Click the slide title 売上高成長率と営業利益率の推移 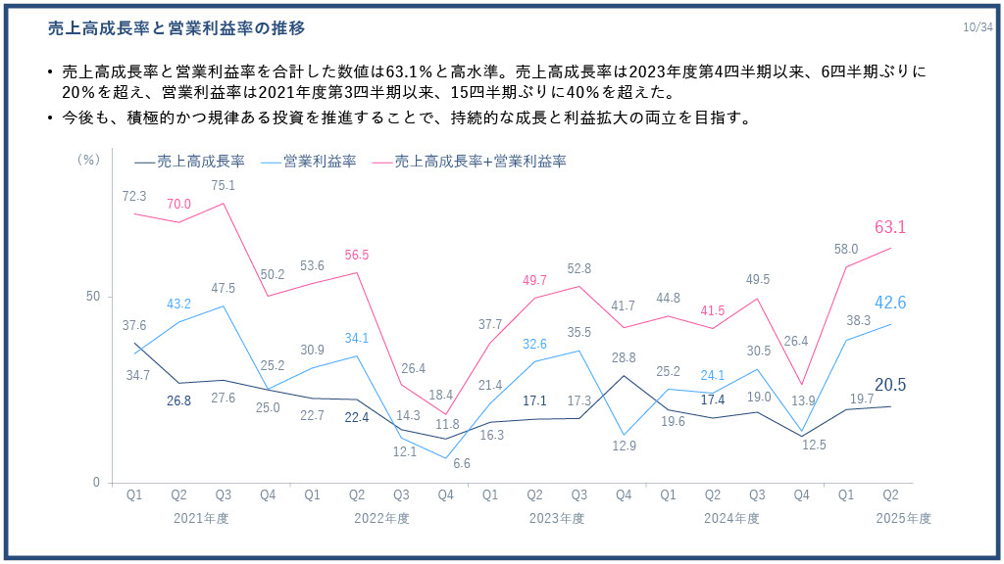(x=176, y=29)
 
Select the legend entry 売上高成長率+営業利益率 (x=480, y=161)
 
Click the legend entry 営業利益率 (x=319, y=161)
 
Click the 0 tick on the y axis (x=96, y=483)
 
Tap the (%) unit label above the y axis (x=88, y=159)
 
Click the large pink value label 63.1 (x=889, y=227)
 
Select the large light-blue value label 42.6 (x=889, y=303)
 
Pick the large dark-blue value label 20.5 (x=889, y=386)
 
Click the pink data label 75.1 (x=224, y=185)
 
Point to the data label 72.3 (x=134, y=196)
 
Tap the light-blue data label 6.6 (x=447, y=463)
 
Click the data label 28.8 (x=625, y=357)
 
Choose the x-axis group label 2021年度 (x=201, y=518)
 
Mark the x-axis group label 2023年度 (x=557, y=518)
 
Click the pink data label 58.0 (x=846, y=249)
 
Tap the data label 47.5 (x=224, y=288)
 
